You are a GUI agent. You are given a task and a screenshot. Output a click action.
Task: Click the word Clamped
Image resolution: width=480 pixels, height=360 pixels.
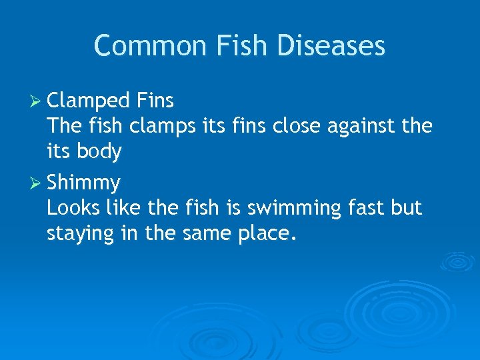89,101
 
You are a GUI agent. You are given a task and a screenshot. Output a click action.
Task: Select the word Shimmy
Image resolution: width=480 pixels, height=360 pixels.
84,182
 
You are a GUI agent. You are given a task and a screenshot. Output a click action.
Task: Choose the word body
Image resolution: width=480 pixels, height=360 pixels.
99,152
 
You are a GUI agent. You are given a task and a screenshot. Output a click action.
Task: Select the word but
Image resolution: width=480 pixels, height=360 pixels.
407,208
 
